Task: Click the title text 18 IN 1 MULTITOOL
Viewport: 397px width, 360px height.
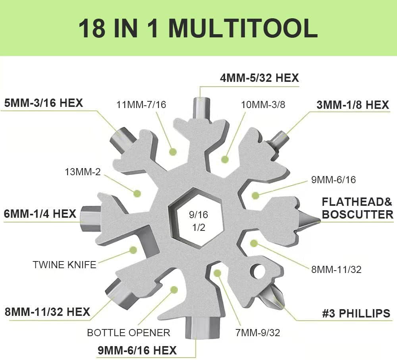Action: (198, 28)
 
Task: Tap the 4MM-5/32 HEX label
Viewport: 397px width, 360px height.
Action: (259, 78)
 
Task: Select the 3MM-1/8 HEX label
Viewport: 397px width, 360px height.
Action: (353, 105)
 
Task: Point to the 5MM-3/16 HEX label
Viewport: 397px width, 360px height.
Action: (44, 103)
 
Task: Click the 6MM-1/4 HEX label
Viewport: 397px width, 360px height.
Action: (40, 213)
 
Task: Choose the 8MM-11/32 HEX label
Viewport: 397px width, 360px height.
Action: (47, 312)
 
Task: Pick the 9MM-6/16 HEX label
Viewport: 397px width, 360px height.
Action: (137, 350)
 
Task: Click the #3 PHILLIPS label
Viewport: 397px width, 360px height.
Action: (356, 314)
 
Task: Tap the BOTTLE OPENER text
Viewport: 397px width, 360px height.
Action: (129, 333)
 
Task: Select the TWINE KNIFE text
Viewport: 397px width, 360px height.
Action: (65, 265)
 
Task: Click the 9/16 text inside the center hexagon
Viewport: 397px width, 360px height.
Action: (198, 215)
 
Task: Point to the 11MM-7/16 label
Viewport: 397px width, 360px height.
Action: (141, 105)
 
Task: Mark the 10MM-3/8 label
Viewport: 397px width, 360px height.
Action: (263, 105)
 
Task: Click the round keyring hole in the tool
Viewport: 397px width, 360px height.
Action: (258, 271)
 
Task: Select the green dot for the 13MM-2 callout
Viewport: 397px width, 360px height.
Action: (137, 194)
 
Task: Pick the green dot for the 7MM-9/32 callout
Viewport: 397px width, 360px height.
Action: (218, 273)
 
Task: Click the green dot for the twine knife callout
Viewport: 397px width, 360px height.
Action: (133, 250)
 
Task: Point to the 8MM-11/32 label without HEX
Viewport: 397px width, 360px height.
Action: (336, 269)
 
